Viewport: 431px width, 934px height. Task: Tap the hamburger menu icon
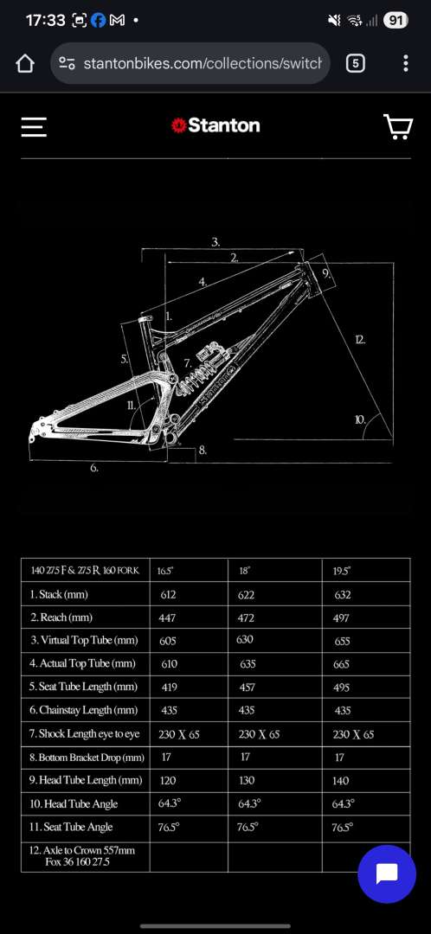coord(34,126)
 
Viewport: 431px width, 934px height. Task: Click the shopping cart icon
coord(398,126)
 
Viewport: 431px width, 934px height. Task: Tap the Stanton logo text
coord(223,125)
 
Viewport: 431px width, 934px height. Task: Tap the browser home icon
coord(24,63)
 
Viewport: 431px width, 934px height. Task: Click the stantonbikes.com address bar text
coord(203,63)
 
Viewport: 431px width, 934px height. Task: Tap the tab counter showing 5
coord(356,63)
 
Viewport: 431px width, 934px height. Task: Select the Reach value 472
coord(246,617)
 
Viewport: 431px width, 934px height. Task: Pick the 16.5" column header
coord(165,571)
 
